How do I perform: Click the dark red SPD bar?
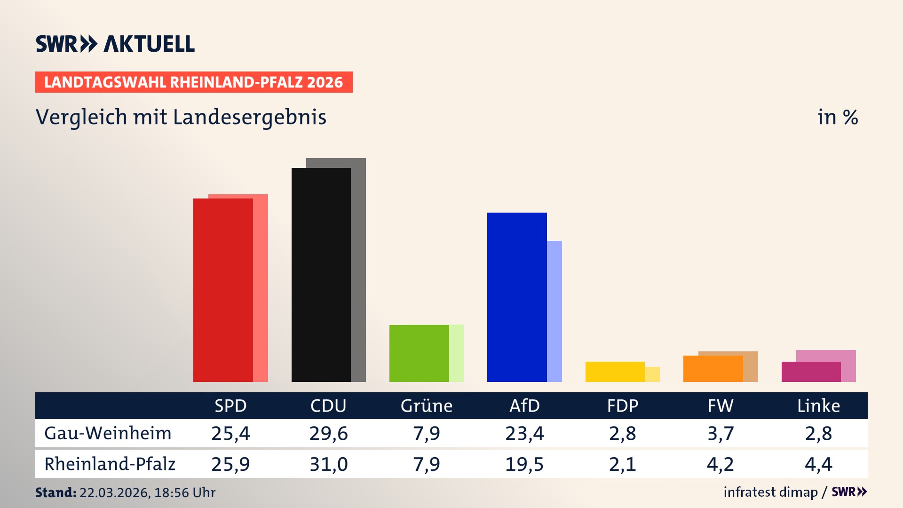223,290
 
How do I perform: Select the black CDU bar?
321,275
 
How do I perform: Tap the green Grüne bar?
419,353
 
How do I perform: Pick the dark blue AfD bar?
516,297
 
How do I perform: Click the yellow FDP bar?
615,372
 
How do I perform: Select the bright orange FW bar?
713,369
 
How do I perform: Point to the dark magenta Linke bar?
810,372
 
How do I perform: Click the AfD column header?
524,405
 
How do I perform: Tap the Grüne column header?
426,405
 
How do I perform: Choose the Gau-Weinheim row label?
108,433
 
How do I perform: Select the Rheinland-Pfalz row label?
110,464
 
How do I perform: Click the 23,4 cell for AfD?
524,433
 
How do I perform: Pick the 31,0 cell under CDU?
328,464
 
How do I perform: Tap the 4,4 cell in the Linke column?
818,464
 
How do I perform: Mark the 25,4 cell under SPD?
230,433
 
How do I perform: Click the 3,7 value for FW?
721,433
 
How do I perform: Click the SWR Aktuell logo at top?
115,44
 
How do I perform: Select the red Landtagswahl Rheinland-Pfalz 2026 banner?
193,82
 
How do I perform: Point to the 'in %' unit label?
837,117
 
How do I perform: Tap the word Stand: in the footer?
55,492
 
